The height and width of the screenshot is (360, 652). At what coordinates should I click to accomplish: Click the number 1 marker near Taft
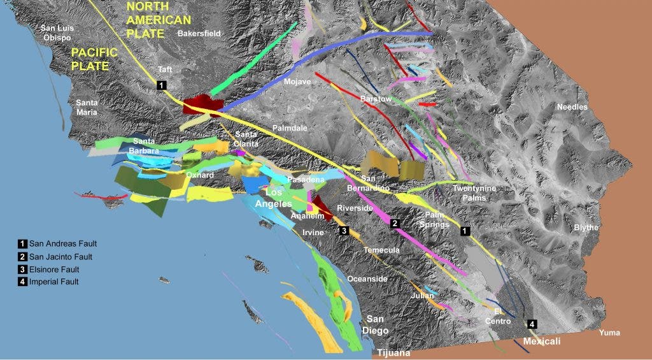(162, 84)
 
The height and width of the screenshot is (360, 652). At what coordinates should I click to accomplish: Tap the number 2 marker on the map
(395, 223)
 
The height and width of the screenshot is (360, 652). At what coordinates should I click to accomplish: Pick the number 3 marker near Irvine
(344, 231)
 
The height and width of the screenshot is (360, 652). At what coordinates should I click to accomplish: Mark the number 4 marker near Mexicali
(532, 322)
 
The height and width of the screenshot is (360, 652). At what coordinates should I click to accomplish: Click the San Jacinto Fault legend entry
(60, 257)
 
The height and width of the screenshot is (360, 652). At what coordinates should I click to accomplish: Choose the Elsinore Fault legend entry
(55, 270)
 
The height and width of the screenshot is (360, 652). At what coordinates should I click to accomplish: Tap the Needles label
(572, 107)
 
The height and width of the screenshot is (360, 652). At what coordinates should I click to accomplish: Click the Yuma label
(609, 333)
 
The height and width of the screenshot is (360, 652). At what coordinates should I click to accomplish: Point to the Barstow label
(376, 99)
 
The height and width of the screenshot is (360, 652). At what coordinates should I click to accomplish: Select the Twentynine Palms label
(474, 193)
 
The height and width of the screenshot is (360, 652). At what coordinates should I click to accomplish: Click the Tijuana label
(395, 353)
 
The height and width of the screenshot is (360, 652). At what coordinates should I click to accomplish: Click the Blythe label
(586, 227)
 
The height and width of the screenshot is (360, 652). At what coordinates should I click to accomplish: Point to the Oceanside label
(367, 279)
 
